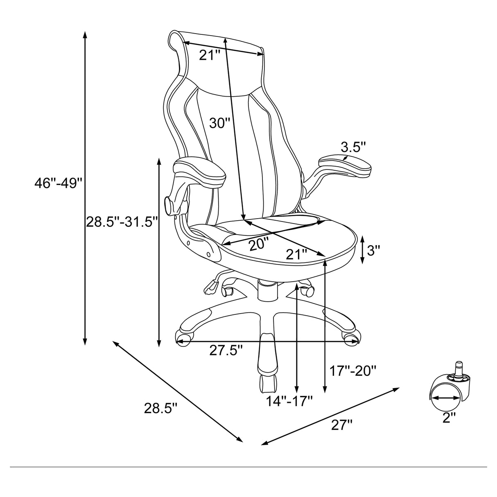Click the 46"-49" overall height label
pos(59,183)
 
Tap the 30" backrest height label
pos(220,122)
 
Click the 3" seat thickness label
pos(374,250)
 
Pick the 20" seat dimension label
pos(259,244)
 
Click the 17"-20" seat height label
pos(352,371)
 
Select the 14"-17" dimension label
pos(289,401)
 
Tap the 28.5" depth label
pos(160,408)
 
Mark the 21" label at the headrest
pos(210,55)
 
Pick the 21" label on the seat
pos(296,255)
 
